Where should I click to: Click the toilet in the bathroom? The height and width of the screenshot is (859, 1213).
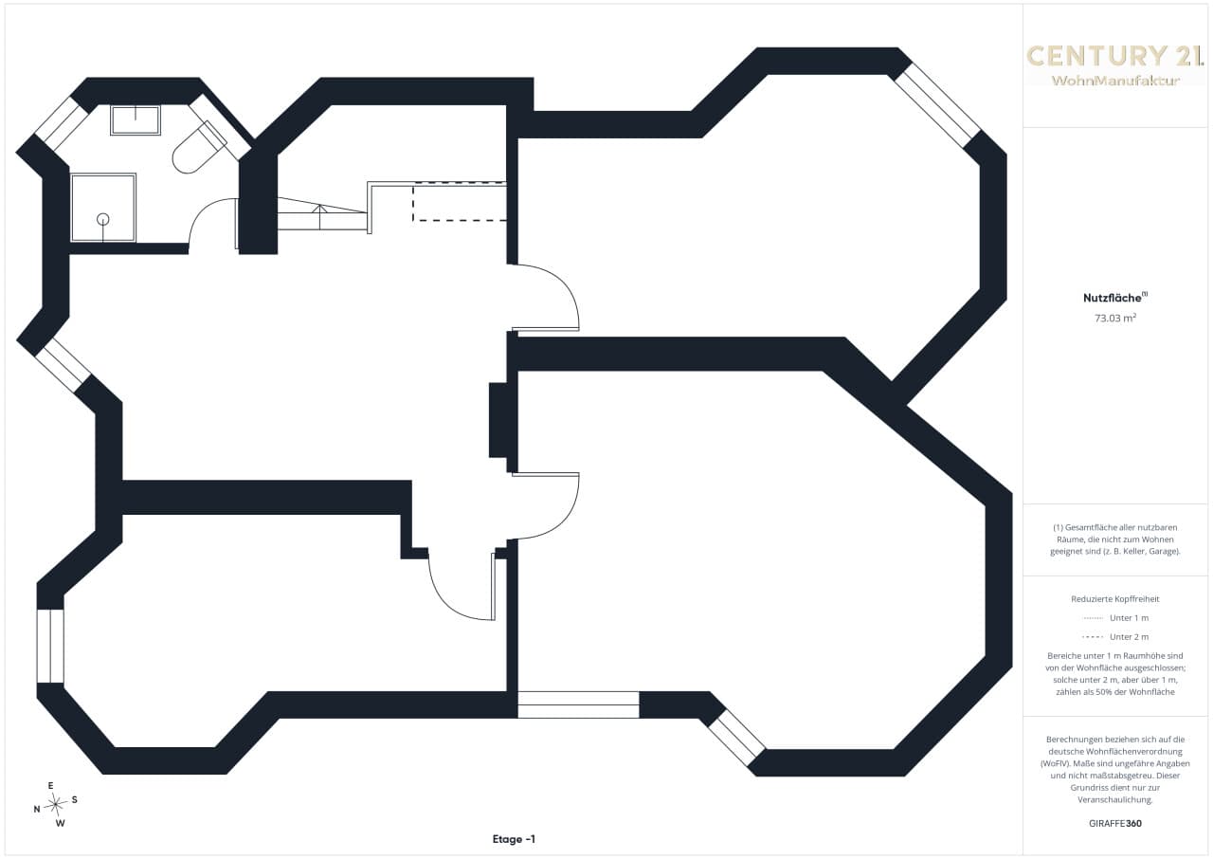pyautogui.click(x=197, y=148)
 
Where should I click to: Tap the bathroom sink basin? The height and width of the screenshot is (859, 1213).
pyautogui.click(x=136, y=119)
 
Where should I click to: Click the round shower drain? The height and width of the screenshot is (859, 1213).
pyautogui.click(x=103, y=219)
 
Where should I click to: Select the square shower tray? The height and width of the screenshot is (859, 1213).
pyautogui.click(x=103, y=208)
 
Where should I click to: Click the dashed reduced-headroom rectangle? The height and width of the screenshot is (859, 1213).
pyautogui.click(x=460, y=203)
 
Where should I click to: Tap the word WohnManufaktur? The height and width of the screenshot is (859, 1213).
pyautogui.click(x=1115, y=81)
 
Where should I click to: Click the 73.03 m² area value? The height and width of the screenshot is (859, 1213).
pyautogui.click(x=1115, y=318)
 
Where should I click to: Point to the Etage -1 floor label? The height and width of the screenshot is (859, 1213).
pyautogui.click(x=514, y=839)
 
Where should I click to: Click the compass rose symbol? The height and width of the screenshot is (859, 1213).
pyautogui.click(x=55, y=804)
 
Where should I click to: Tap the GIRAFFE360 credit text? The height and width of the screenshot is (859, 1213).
pyautogui.click(x=1115, y=823)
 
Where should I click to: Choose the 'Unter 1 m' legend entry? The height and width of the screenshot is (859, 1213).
pyautogui.click(x=1115, y=618)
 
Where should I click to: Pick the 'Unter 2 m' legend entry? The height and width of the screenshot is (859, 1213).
pyautogui.click(x=1115, y=637)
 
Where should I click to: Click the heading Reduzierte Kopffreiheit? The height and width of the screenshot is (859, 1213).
pyautogui.click(x=1115, y=599)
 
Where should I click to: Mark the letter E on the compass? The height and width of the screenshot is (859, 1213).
pyautogui.click(x=51, y=785)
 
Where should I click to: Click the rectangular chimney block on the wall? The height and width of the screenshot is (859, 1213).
pyautogui.click(x=498, y=420)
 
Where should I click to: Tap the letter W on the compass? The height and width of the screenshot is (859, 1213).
pyautogui.click(x=61, y=823)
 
